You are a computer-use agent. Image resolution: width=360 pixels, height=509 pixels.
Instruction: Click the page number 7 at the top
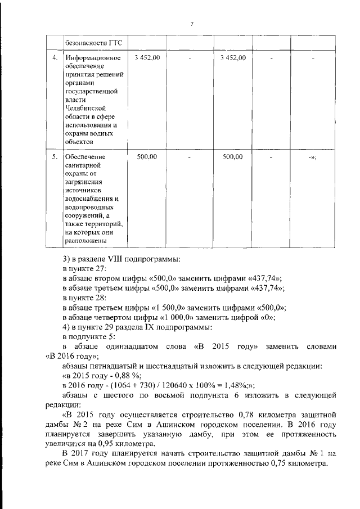point(192,24)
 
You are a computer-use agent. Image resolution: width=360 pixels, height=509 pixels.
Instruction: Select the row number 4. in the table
point(55,58)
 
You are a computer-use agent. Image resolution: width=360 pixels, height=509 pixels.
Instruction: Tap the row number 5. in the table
point(55,157)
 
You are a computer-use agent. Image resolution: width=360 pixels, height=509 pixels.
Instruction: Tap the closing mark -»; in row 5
point(313,157)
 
